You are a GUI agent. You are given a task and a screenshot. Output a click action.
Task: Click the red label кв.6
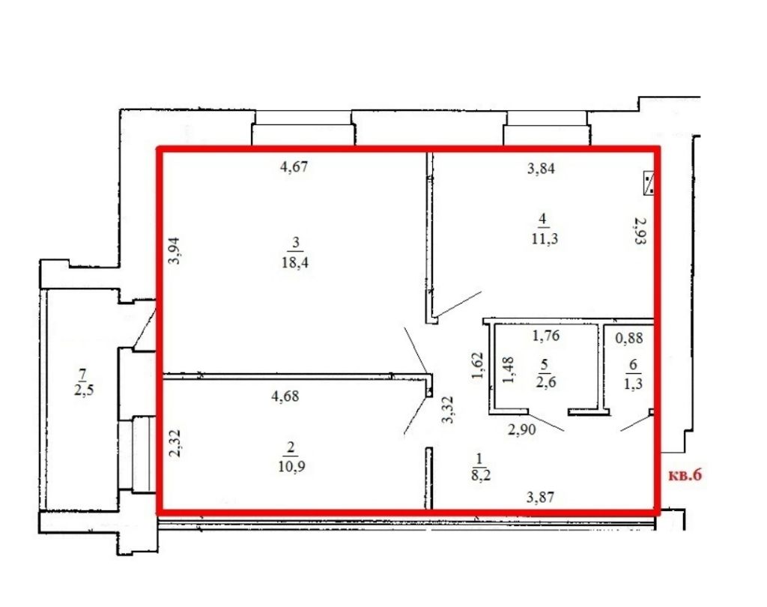685,475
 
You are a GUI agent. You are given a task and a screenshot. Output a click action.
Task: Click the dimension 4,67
294,168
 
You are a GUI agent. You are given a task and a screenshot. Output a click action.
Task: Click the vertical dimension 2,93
639,232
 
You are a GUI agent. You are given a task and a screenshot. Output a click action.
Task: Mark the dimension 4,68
286,397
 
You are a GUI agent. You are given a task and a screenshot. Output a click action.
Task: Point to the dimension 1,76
546,336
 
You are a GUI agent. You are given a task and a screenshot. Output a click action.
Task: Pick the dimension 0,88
629,339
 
